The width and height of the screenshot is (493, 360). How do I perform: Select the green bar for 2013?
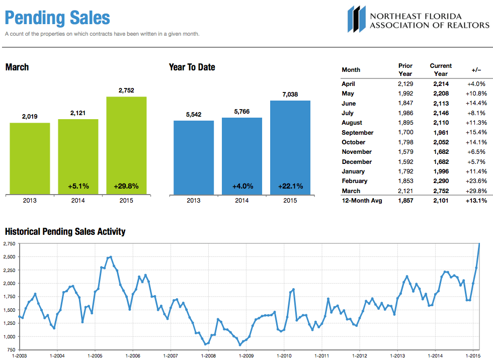pyautogui.click(x=30, y=158)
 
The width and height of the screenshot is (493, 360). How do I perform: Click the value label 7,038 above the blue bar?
pyautogui.click(x=290, y=94)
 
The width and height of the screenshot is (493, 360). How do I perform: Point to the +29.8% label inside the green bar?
pyautogui.click(x=126, y=186)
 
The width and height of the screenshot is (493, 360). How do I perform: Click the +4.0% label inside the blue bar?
pyautogui.click(x=242, y=186)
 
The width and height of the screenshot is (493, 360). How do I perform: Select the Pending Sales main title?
pyautogui.click(x=57, y=18)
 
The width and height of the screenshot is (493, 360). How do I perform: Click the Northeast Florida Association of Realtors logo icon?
pyautogui.click(x=356, y=19)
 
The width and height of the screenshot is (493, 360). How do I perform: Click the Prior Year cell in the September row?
pyautogui.click(x=405, y=133)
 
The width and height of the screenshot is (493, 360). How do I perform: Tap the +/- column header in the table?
pyautogui.click(x=476, y=70)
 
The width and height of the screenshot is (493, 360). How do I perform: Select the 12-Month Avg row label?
pyautogui.click(x=362, y=201)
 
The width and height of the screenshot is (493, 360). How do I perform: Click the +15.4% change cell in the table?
pyautogui.click(x=476, y=133)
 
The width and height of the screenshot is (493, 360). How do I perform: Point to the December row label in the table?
pyautogui.click(x=357, y=162)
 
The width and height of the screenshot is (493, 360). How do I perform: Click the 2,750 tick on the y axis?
pyautogui.click(x=8, y=243)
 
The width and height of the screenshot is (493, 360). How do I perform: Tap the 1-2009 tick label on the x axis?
pyautogui.click(x=246, y=355)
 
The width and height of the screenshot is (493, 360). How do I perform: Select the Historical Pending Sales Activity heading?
pyautogui.click(x=65, y=232)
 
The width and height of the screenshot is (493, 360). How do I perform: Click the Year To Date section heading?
pyautogui.click(x=192, y=67)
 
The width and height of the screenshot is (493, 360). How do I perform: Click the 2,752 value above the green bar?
pyautogui.click(x=126, y=91)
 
